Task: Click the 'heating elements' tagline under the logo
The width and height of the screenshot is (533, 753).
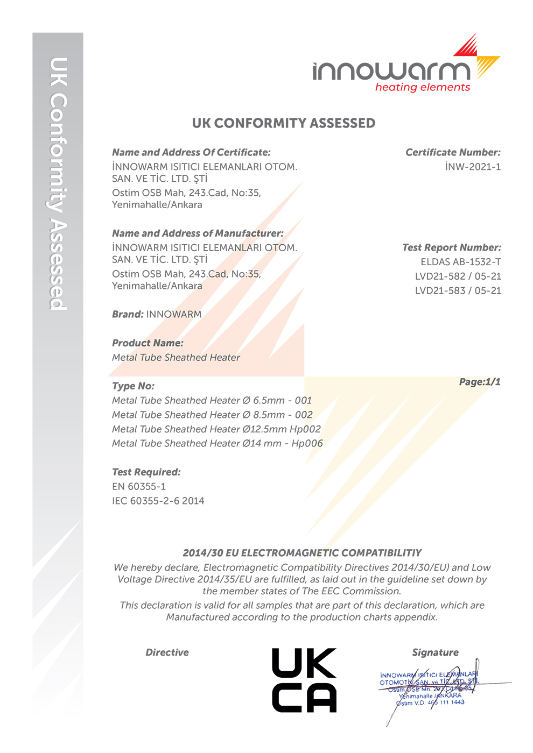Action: click(423, 87)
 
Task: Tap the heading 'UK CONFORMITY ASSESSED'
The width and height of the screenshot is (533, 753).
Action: click(284, 123)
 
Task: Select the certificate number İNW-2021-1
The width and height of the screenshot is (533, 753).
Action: click(473, 167)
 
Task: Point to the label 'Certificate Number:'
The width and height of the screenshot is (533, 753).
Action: click(453, 152)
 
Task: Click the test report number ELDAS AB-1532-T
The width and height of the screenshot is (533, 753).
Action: click(461, 262)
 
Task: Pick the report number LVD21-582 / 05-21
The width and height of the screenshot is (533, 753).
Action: click(458, 276)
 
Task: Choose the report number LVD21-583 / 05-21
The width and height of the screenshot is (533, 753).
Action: click(458, 290)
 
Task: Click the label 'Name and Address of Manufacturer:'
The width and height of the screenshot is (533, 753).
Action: click(198, 233)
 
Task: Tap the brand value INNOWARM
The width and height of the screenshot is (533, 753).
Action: click(174, 314)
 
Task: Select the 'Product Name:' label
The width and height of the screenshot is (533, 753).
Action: click(148, 343)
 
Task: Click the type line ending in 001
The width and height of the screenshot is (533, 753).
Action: click(212, 400)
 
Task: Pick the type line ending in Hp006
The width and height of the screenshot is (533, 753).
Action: click(217, 443)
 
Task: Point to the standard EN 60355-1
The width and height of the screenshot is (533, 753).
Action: click(139, 486)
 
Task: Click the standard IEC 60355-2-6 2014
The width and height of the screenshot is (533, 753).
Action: click(158, 501)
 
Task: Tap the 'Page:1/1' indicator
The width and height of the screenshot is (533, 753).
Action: click(480, 382)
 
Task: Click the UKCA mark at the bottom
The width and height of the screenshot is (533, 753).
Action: click(304, 680)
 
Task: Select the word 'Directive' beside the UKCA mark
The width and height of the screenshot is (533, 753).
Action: click(167, 652)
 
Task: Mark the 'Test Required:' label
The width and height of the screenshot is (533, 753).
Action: click(146, 472)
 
